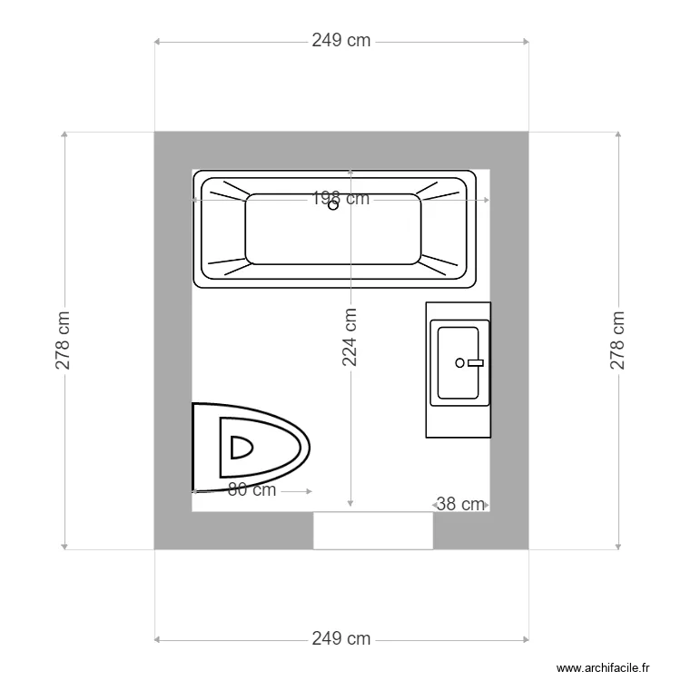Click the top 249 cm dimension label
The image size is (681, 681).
point(341,41)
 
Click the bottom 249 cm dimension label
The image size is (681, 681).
point(341,639)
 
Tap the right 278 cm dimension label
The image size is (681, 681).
point(618,340)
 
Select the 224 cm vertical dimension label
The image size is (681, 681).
point(350,338)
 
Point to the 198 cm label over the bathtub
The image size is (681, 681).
point(341,198)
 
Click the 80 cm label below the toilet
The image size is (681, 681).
point(252,490)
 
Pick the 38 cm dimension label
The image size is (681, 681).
point(460,505)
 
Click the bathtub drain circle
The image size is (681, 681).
point(333,205)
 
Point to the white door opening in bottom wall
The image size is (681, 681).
point(372,530)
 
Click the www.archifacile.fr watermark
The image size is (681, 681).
point(604,667)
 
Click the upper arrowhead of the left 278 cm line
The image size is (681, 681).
point(64,134)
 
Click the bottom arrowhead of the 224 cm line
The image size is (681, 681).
point(350,504)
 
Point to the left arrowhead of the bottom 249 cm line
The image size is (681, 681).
point(157,639)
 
